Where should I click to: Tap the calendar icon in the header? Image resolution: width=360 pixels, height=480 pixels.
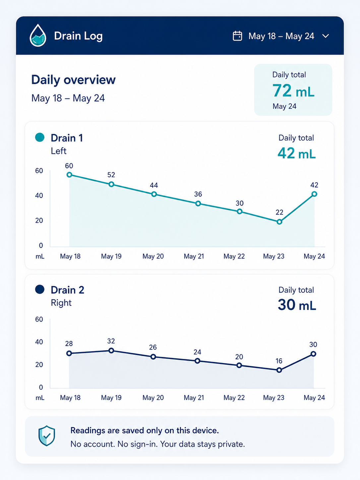pos(237,36)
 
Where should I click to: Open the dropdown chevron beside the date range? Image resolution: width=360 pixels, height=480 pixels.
pos(326,36)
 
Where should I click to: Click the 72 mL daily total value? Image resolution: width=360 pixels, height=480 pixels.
pos(293,90)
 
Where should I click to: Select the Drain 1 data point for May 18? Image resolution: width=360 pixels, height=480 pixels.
pos(69,175)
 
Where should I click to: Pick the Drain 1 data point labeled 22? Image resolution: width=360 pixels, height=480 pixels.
pos(279,222)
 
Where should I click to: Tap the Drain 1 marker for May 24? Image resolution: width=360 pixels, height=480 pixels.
pos(314,194)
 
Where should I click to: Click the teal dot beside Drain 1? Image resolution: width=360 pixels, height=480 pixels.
pos(40,137)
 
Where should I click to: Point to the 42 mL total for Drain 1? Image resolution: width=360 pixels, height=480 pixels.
pos(296,153)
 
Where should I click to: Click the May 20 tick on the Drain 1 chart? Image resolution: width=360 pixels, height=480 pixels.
pos(153,256)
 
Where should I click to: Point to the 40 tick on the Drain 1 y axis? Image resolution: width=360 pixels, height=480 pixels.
pos(39,196)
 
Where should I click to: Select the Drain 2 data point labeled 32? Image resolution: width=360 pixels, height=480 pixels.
pos(111,350)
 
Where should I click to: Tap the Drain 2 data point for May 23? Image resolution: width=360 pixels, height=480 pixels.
pos(279,370)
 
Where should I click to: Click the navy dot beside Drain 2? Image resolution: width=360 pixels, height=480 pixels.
pos(40,289)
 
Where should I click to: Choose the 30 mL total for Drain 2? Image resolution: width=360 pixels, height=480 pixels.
pos(297,305)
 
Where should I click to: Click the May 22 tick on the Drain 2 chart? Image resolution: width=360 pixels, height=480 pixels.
pos(234,397)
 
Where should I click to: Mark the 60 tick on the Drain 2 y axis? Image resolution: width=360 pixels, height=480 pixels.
pos(39,319)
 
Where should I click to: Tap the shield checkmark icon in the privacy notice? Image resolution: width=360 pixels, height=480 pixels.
pos(46,436)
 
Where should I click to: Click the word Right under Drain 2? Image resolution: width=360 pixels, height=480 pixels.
pos(61,303)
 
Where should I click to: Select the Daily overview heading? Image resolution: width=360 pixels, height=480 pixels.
pos(74,80)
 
